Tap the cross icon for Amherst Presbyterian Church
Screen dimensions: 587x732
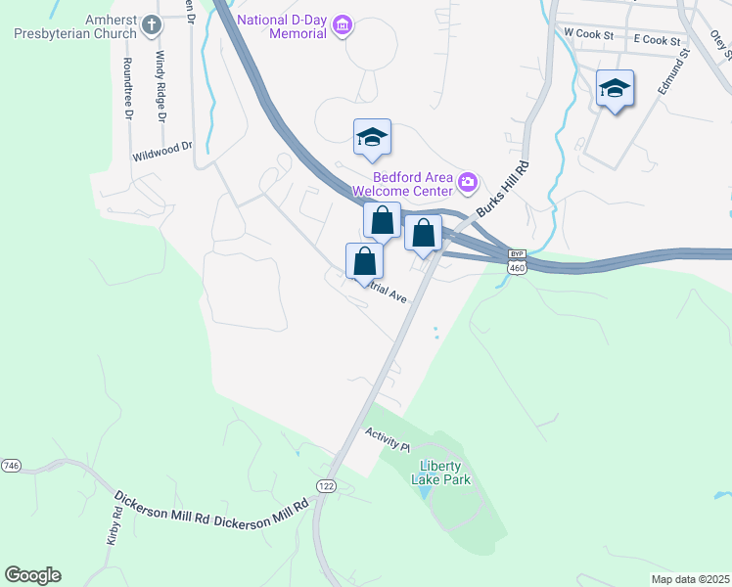151,23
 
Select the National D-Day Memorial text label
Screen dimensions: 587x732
283,25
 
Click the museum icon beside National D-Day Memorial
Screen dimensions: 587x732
342,24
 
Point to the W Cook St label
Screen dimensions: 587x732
588,33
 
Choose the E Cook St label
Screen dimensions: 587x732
657,40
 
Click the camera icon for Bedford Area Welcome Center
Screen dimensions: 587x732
468,181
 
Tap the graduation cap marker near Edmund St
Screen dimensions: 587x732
615,89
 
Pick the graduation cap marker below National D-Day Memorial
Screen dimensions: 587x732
372,138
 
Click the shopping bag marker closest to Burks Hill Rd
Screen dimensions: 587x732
423,235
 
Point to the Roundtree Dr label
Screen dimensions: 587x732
127,88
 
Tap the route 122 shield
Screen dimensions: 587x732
326,485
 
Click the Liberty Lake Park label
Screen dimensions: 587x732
445,473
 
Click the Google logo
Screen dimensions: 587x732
32,575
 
